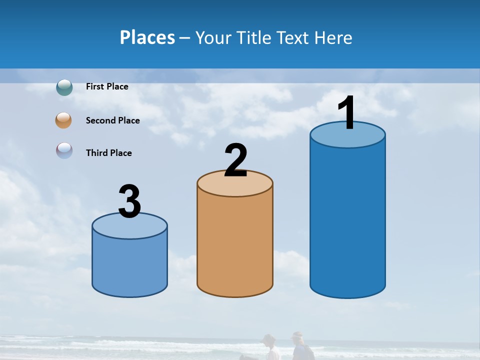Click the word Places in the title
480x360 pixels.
pyautogui.click(x=147, y=37)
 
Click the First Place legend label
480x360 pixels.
pyautogui.click(x=107, y=86)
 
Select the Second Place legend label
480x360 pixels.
pyautogui.click(x=112, y=120)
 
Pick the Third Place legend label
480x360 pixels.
pyautogui.click(x=108, y=153)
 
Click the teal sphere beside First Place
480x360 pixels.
pyautogui.click(x=64, y=87)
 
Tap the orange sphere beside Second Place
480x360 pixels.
pyautogui.click(x=63, y=120)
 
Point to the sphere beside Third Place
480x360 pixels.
pyautogui.click(x=64, y=150)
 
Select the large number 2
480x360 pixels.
pyautogui.click(x=236, y=160)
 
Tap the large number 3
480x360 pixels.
pyautogui.click(x=129, y=202)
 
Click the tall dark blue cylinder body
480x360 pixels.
pyautogui.click(x=347, y=220)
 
